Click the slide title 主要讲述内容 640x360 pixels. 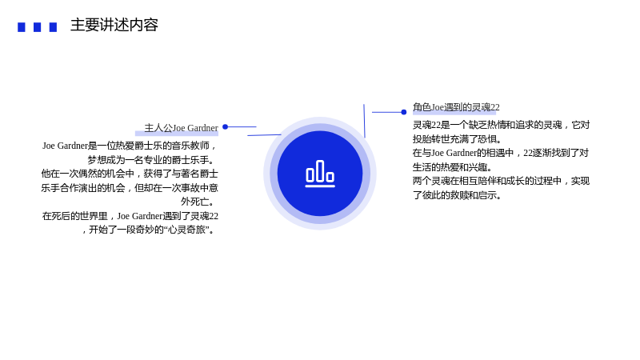(x=114, y=25)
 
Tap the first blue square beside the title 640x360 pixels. (x=22, y=27)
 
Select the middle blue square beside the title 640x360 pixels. (x=37, y=27)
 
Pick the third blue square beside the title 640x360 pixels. (x=53, y=27)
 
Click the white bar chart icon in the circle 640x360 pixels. (x=320, y=174)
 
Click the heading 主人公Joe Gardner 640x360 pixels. (x=182, y=128)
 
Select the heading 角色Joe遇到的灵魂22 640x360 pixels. (x=456, y=107)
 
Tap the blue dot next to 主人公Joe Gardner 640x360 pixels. (x=225, y=127)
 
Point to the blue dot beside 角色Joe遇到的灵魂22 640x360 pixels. (x=404, y=112)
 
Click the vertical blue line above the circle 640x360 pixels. (x=364, y=121)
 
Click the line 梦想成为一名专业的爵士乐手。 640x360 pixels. (x=151, y=159)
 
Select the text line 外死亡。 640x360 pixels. (x=198, y=202)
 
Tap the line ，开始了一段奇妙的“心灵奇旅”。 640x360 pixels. (x=148, y=230)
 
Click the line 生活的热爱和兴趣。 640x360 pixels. (x=453, y=167)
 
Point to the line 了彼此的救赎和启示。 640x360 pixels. (x=457, y=195)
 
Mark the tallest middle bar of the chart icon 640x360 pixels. (x=320, y=171)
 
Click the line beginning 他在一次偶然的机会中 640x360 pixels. (x=130, y=174)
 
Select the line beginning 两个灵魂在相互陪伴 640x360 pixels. (x=502, y=181)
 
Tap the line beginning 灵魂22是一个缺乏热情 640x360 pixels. (x=502, y=125)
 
